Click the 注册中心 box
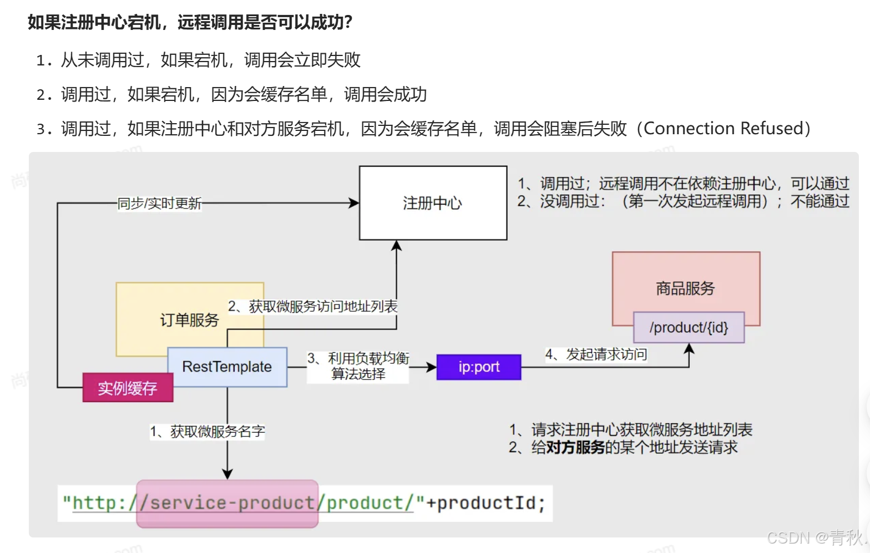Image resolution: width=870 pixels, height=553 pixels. (433, 203)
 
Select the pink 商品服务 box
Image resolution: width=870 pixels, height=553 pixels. (685, 283)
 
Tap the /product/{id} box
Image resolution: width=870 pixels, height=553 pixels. (689, 327)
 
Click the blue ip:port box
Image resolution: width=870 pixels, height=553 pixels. (479, 367)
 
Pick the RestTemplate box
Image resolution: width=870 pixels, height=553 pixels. (227, 367)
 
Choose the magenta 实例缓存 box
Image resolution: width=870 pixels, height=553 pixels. (128, 388)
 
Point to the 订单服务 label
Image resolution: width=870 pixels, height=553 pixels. (189, 320)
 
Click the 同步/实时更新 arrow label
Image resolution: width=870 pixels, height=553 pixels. (159, 204)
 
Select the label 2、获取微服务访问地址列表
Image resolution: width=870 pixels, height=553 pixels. (312, 306)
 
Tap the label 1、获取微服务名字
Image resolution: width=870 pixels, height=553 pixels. (207, 432)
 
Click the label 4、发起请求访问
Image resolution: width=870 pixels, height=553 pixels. (595, 354)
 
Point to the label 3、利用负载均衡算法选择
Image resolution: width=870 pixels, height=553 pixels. (358, 366)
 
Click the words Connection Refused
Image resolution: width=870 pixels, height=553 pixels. (723, 129)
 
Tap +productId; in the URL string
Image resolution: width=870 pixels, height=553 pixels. (486, 503)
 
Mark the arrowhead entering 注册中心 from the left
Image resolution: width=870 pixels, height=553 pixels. (354, 203)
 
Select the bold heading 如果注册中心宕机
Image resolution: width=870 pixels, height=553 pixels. (94, 22)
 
